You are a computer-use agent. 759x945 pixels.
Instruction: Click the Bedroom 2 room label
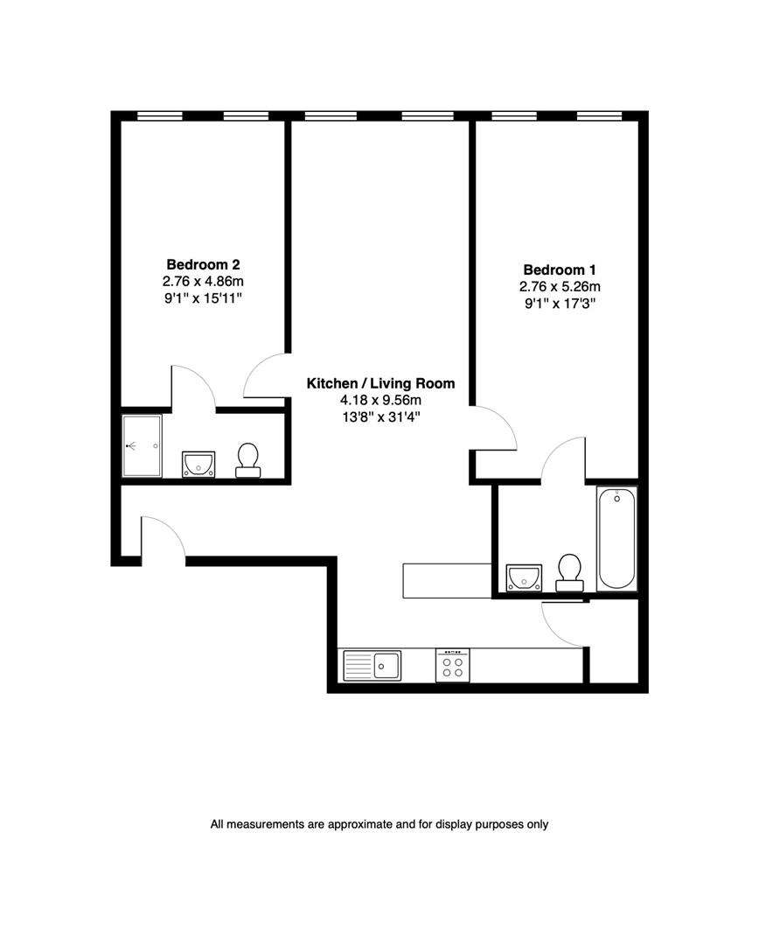[203, 263]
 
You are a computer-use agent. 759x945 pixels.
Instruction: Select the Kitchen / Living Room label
[380, 383]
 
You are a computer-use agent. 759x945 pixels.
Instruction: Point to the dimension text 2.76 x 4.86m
[203, 281]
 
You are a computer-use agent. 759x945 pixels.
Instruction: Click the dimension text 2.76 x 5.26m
[560, 287]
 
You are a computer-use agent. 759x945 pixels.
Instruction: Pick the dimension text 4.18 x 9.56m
[380, 400]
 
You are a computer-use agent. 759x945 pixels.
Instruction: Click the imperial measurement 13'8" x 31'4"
[380, 417]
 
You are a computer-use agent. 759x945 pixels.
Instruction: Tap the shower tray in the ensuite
[142, 445]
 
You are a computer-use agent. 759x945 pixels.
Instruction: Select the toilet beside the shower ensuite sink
[248, 460]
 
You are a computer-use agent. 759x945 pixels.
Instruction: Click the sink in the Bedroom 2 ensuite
[198, 464]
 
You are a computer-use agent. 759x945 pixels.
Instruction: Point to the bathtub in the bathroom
[617, 539]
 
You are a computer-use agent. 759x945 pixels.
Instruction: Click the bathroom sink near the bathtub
[525, 577]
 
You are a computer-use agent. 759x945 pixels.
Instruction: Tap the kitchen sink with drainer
[372, 665]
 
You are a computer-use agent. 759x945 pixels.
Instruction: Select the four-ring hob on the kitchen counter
[452, 665]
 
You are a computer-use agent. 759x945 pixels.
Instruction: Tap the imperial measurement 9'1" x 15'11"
[203, 298]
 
